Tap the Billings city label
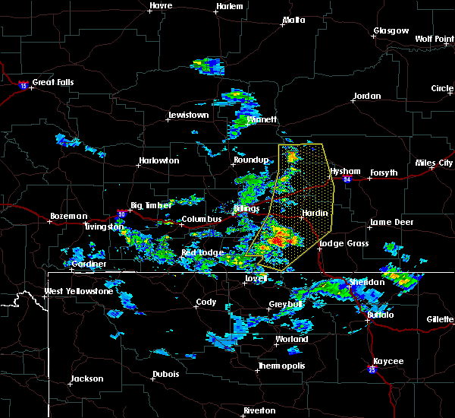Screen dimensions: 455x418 [x=247, y=207]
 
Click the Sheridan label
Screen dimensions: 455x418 [x=367, y=282]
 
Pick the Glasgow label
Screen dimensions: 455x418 [x=391, y=31]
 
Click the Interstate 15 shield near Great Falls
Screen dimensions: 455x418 [x=24, y=86]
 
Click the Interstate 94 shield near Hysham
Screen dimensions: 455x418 [x=347, y=179]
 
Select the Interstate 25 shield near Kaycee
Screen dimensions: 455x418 [x=372, y=370]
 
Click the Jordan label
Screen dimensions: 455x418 [x=366, y=97]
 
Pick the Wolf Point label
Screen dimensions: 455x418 [x=434, y=38]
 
